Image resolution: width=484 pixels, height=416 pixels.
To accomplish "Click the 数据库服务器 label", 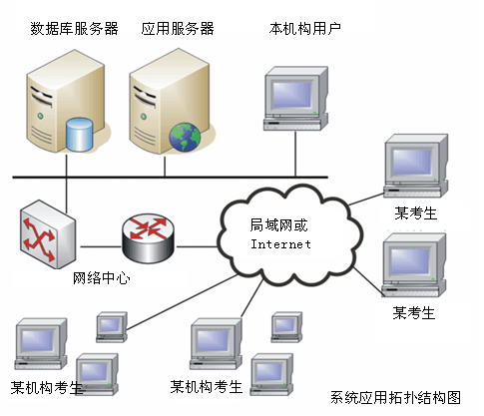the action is (x=74, y=29).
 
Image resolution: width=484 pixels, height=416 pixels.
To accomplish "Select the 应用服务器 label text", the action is (x=178, y=29).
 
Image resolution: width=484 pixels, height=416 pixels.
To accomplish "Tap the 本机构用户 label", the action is (x=305, y=29).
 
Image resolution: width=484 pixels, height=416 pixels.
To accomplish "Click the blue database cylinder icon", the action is (x=79, y=135).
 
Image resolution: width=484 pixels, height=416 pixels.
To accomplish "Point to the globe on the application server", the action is (x=185, y=138).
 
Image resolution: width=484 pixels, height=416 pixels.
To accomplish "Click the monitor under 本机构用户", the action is (x=295, y=98).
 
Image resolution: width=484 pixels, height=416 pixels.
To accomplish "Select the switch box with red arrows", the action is (x=48, y=234).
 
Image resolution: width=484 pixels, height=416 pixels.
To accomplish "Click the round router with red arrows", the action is (x=148, y=237).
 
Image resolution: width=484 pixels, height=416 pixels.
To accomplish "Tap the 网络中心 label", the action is (x=101, y=277).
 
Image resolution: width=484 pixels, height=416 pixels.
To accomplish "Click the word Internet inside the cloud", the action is (x=280, y=244).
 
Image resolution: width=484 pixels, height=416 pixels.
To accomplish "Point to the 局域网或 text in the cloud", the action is (x=278, y=225).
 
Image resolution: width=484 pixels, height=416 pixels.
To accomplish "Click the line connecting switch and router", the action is (x=101, y=246).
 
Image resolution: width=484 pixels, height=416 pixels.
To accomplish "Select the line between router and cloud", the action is (x=197, y=246).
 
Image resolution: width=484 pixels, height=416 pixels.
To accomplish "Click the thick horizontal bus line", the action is (x=170, y=178).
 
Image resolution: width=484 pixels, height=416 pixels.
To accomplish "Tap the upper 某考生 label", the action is (x=415, y=213).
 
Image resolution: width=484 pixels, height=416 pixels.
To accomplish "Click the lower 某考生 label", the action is (x=414, y=313).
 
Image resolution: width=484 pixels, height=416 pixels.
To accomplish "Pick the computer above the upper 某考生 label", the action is (x=416, y=166).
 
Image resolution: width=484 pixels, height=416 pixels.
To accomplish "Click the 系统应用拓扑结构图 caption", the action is (x=395, y=397).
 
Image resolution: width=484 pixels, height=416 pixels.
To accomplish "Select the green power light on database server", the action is (x=40, y=116).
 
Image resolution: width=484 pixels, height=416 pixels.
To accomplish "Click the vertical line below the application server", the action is (x=165, y=167).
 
